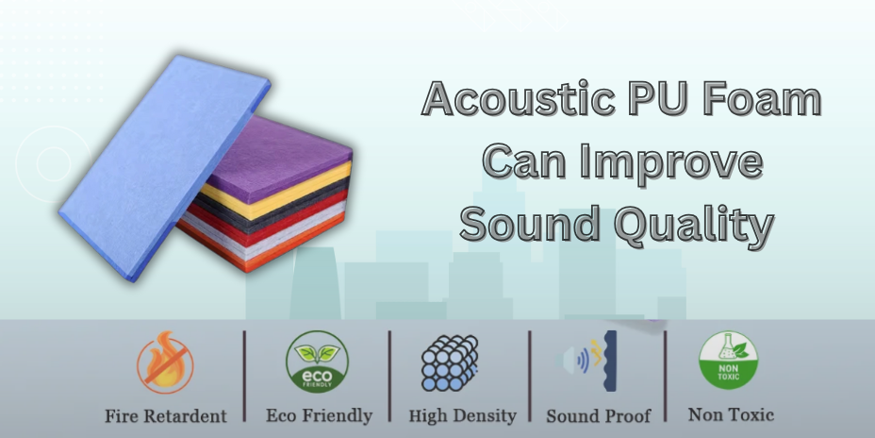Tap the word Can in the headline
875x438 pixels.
(527, 161)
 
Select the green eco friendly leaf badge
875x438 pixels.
(318, 362)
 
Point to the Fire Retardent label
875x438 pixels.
(166, 415)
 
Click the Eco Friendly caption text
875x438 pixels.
(319, 415)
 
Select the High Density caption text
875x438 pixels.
(462, 415)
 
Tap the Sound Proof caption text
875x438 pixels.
(599, 415)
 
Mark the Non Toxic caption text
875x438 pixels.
(731, 413)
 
